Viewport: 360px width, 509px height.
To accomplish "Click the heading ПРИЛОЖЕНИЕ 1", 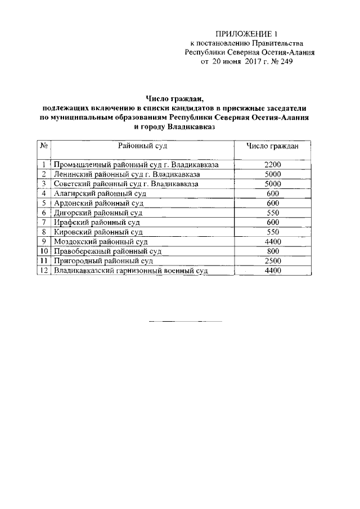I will point(247,34).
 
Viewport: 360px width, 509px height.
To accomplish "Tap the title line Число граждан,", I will point(177,99).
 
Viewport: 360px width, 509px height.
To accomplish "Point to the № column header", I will point(43,146).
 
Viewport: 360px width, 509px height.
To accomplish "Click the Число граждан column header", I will point(272,146).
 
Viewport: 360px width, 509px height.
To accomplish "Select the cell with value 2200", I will point(272,165).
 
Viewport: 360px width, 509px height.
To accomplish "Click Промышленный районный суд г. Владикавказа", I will point(136,165).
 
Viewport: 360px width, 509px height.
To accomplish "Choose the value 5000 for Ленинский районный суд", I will point(272,174).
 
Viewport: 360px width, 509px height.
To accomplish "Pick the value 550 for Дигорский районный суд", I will point(272,213).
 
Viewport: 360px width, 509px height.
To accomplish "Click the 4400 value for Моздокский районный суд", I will point(272,241).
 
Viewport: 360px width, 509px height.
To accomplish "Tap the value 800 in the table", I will point(272,251).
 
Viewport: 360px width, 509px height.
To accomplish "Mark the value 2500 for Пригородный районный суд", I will point(272,261).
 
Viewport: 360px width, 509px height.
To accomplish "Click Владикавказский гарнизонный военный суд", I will point(130,271).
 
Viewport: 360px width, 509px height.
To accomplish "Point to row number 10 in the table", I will point(43,251).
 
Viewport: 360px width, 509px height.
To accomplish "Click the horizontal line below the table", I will point(185,321).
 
